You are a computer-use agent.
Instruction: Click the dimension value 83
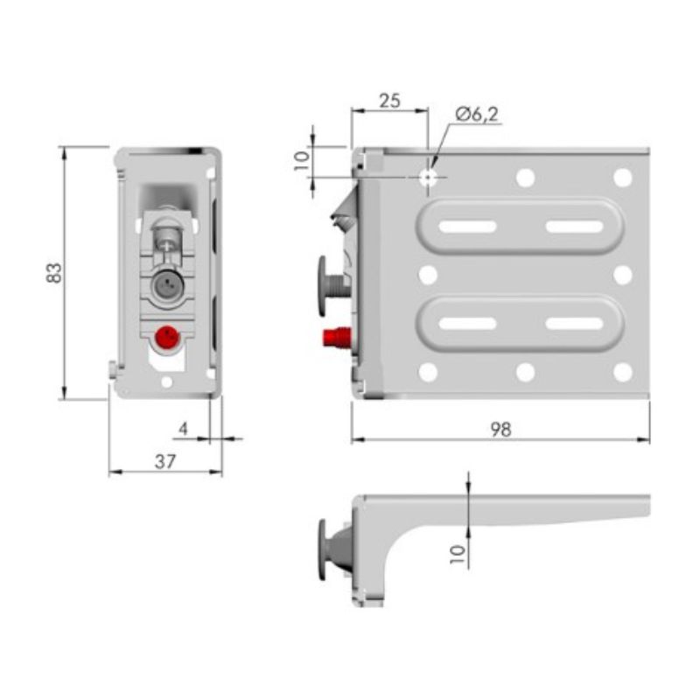pos(54,273)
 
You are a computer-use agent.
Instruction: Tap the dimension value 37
pos(165,461)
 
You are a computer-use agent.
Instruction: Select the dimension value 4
pos(183,429)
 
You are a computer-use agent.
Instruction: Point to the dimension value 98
pos(500,430)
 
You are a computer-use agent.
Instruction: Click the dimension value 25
pos(389,101)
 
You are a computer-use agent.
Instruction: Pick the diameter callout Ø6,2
pos(476,114)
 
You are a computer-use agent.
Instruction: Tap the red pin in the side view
pos(337,337)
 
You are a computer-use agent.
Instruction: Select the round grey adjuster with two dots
pos(167,284)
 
